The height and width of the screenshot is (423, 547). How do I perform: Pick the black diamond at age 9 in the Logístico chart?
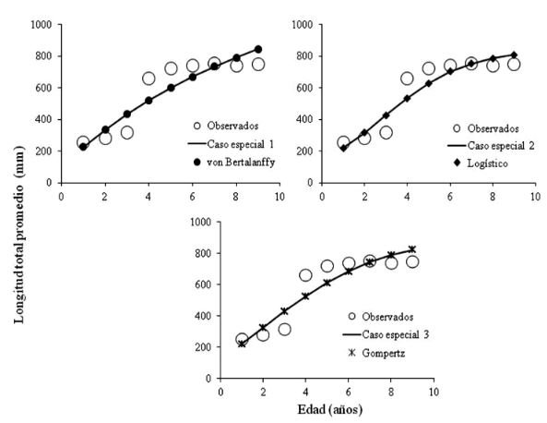coord(514,54)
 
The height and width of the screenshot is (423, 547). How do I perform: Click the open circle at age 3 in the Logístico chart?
coord(386,132)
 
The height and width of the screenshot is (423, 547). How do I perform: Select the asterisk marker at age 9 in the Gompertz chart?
coord(412,249)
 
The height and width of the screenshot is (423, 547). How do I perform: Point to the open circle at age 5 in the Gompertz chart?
coord(327,266)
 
